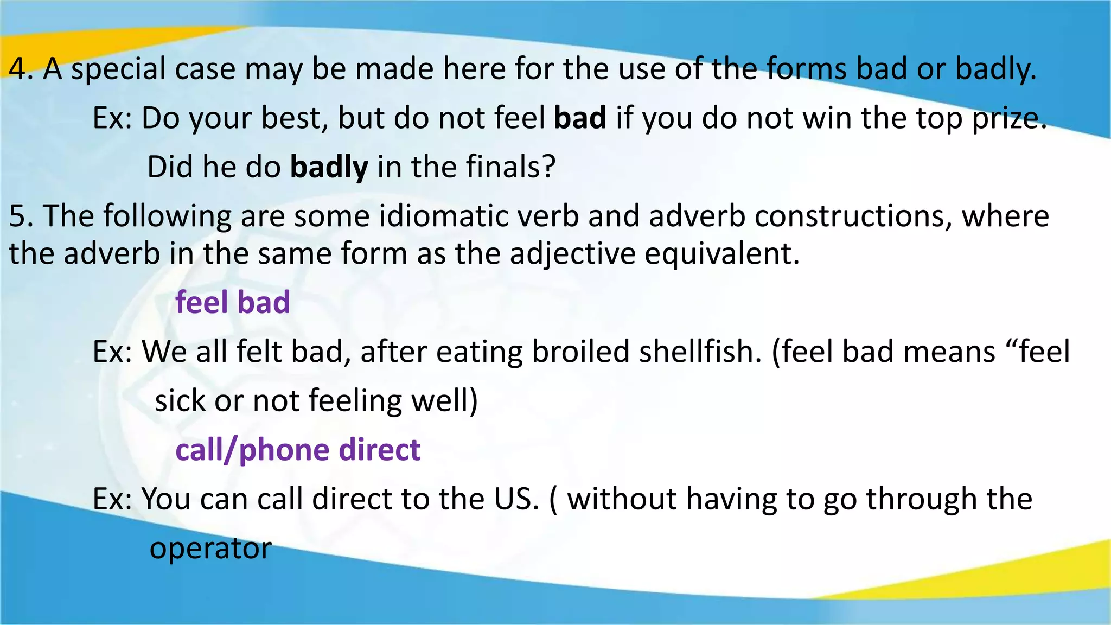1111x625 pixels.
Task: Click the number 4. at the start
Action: pyautogui.click(x=21, y=69)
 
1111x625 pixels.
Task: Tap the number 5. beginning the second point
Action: pyautogui.click(x=21, y=216)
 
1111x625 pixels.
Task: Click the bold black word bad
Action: pyautogui.click(x=579, y=118)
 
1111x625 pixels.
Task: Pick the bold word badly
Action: pyautogui.click(x=329, y=168)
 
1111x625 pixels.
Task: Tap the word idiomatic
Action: pyautogui.click(x=444, y=216)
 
